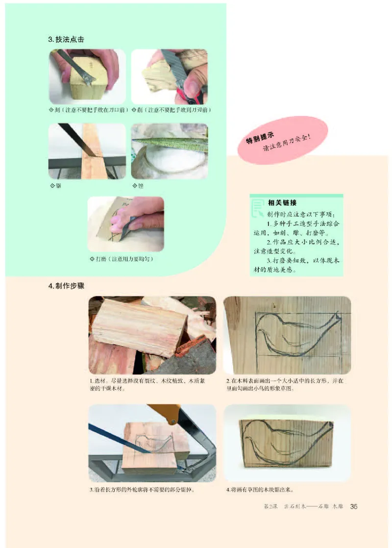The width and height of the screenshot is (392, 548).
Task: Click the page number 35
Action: [354, 507]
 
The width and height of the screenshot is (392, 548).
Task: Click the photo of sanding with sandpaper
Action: [125, 224]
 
